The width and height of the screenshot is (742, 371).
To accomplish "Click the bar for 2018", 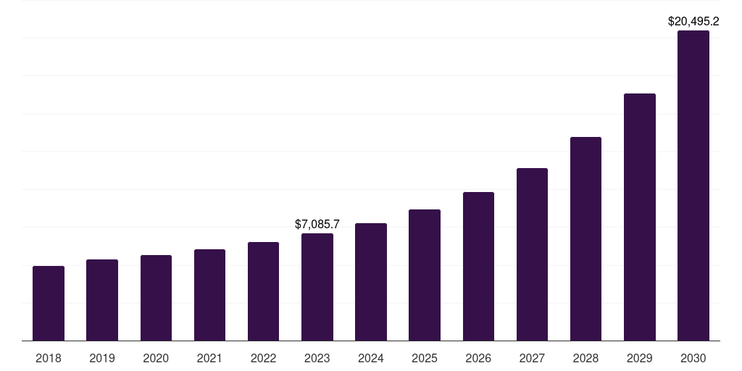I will pos(49,304).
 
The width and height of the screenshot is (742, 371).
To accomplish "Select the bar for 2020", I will pos(156,298).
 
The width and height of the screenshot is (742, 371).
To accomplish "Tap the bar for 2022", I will pos(263,291).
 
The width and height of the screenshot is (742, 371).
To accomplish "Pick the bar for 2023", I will pos(317,287).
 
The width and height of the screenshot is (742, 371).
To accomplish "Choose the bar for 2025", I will pos(425,275).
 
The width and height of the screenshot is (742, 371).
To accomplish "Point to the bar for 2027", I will pos(532,254).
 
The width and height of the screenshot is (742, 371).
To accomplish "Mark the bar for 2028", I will pos(585,239).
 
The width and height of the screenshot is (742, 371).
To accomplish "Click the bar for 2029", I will pos(640,217).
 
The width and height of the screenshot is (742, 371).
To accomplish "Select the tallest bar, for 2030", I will pos(693,185).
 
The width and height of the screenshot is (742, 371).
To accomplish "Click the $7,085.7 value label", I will pos(317,225).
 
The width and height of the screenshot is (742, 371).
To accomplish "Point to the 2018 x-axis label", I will pos(49,358).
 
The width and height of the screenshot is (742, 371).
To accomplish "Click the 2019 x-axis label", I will pos(102,358).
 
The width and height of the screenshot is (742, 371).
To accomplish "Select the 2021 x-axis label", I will pos(209,358).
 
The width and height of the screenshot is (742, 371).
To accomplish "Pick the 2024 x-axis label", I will pos(371,358).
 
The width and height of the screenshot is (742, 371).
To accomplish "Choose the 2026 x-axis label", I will pos(478,358).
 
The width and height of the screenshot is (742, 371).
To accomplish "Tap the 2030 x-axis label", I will pos(693,358).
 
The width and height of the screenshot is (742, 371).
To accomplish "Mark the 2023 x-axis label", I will pos(317,358).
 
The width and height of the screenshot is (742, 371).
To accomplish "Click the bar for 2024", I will pos(371,282).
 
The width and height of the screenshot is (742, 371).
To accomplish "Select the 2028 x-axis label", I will pos(585,358).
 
